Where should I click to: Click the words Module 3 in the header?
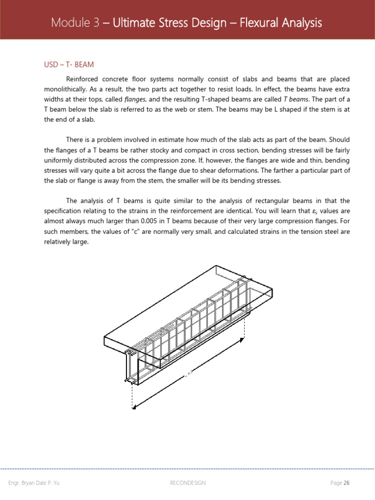coord(73,23)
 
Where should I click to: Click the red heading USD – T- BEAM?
coord(69,64)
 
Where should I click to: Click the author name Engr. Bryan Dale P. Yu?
coord(34,483)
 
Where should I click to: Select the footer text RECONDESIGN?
coord(187,483)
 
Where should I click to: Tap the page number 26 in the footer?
coord(347,483)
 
